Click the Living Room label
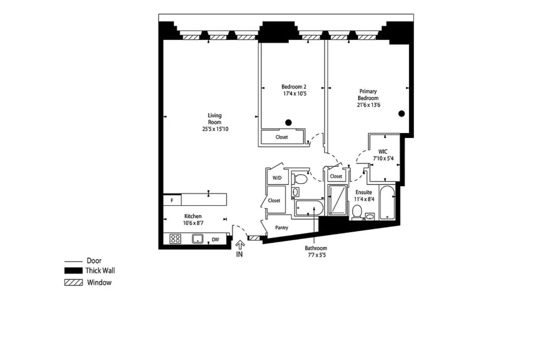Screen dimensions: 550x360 tap(214, 119)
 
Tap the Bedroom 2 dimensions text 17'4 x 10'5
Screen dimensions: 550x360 tap(295, 93)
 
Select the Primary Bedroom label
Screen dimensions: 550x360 tap(368, 95)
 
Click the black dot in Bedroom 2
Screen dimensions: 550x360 tap(289, 123)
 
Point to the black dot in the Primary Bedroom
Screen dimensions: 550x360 tap(401, 114)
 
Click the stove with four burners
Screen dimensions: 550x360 tap(175, 239)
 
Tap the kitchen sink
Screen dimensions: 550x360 tap(197, 238)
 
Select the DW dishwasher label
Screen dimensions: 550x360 tap(215, 239)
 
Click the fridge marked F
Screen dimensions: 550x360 tap(172, 200)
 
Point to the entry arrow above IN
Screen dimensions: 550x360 tap(240, 245)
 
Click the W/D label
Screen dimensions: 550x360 tap(277, 178)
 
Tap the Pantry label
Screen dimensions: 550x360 tap(282, 228)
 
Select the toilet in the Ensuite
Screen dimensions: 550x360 tap(357, 212)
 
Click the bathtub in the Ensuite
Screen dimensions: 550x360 tap(387, 203)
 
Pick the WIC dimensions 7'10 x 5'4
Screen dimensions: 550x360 tap(383, 159)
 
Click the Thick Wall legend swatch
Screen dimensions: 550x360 tap(73, 270)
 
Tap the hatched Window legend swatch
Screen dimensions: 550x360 tap(73, 283)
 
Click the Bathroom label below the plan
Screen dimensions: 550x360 tap(316, 248)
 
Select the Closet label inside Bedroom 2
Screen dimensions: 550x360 tap(282, 137)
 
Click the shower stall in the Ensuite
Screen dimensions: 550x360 tap(338, 200)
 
